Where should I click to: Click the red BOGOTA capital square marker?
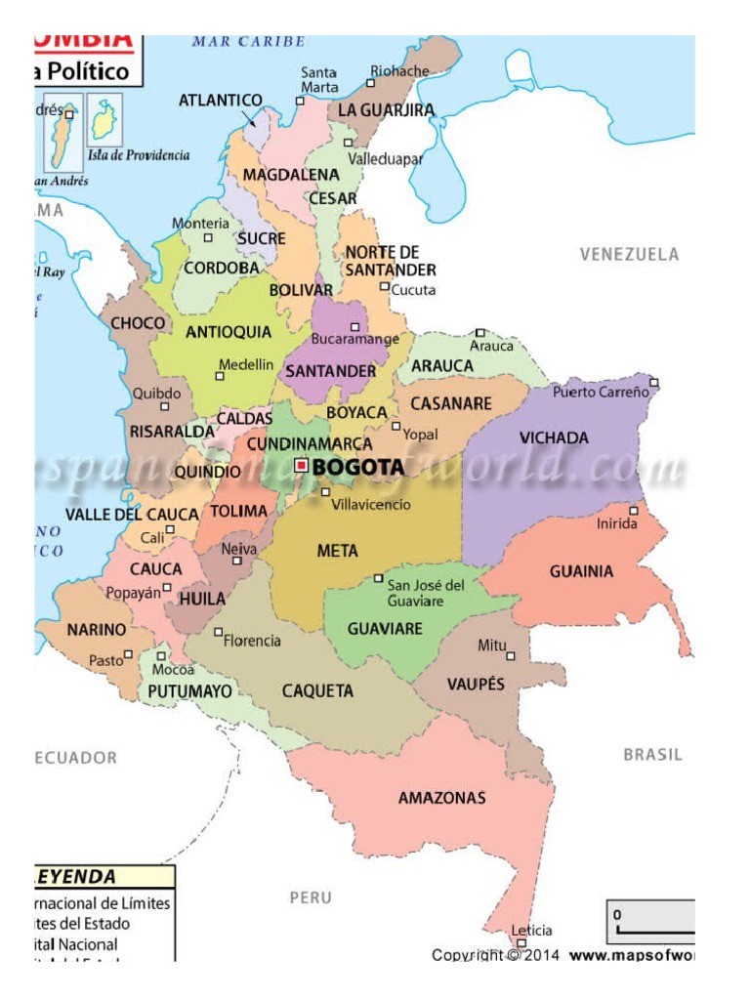tap(302, 466)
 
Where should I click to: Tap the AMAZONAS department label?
tap(441, 798)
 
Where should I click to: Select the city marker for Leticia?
tap(521, 943)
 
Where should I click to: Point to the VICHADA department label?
tap(554, 437)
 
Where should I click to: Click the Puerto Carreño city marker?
tap(654, 382)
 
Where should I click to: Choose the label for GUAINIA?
tap(581, 571)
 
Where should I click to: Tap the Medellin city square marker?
tap(220, 376)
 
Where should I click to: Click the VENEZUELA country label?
tap(629, 254)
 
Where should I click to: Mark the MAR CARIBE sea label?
tap(248, 42)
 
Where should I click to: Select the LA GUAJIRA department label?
tap(386, 110)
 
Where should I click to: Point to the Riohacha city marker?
tap(372, 82)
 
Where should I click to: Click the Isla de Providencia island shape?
tap(102, 120)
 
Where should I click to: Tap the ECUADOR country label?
tap(75, 758)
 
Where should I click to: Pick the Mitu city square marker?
tap(510, 656)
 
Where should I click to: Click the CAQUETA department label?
tap(317, 691)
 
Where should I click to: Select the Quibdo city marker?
tap(164, 406)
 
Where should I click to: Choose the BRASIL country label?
tap(652, 755)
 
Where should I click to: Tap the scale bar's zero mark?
tap(617, 915)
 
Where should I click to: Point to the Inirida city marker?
tap(634, 510)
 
